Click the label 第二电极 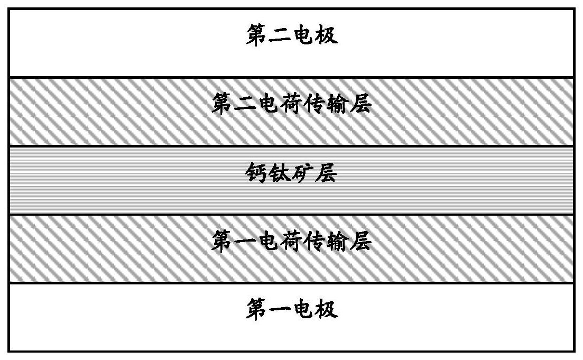coord(292,36)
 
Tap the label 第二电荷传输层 coord(292,104)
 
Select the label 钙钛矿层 coord(292,173)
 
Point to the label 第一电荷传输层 coord(292,242)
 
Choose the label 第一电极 coord(292,309)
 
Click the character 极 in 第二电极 coord(327,36)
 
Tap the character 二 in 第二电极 coord(280,36)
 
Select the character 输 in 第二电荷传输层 coord(338,104)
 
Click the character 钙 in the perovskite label coord(257,173)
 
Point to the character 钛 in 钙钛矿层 coord(280,173)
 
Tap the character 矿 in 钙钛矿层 coord(303,173)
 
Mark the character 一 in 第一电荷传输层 coord(245,242)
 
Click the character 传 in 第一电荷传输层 coord(315,242)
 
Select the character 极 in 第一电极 coord(327,309)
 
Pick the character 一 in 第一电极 coord(280,310)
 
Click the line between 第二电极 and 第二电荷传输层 coord(292,77)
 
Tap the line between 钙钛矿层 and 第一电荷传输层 coord(292,214)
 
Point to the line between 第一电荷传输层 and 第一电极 coord(292,283)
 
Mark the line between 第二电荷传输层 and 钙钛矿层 coord(292,146)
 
